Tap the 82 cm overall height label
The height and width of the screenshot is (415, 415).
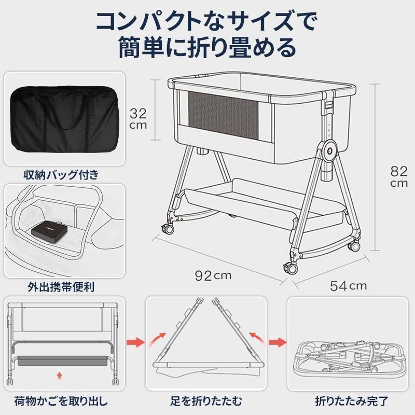click(399, 177)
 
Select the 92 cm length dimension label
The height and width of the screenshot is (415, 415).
click(213, 275)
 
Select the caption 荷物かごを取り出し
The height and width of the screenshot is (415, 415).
click(65, 401)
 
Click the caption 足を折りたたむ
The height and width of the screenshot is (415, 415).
click(206, 401)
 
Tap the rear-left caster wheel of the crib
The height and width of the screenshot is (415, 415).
click(168, 228)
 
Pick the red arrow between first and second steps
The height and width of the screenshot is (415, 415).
click(135, 342)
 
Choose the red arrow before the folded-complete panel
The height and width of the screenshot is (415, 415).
click(279, 342)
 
